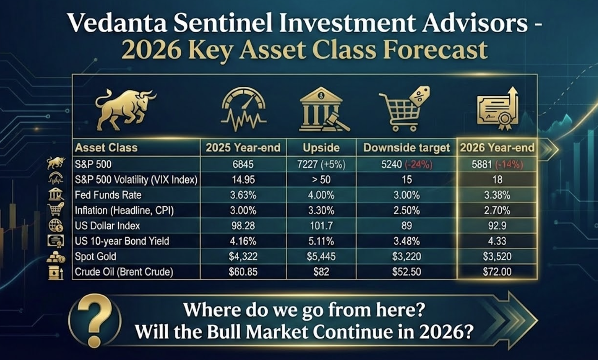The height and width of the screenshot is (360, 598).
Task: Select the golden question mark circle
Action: [x=95, y=320]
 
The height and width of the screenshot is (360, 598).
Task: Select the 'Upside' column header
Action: [x=321, y=147]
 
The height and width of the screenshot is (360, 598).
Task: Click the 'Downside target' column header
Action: [x=406, y=147]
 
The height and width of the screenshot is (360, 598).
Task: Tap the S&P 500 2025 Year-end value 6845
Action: [x=243, y=164]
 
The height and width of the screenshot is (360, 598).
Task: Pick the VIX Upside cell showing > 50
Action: [x=321, y=179]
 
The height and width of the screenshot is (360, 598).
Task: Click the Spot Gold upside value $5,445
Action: [x=321, y=256]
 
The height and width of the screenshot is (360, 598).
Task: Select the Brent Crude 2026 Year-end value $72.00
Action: [x=497, y=272]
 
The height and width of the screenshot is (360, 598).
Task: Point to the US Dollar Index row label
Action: [x=107, y=226]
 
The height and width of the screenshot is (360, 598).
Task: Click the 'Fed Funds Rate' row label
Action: [x=108, y=195]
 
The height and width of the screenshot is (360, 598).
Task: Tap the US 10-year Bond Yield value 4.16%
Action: [x=243, y=241]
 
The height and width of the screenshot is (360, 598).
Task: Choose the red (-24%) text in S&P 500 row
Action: [x=418, y=164]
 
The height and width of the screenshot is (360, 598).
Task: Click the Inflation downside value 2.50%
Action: [x=406, y=210]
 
